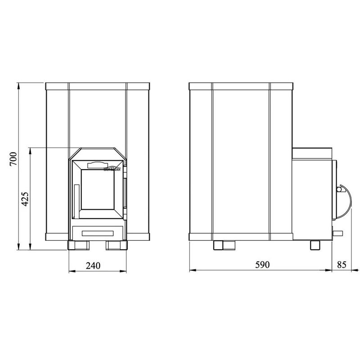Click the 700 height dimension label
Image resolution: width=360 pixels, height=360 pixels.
(13, 160)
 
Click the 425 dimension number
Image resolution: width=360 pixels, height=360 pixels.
(26, 198)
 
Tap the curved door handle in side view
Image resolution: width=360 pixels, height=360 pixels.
(346, 198)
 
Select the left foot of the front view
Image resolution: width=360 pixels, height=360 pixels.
(76, 245)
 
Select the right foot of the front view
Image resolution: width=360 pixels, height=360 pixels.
(117, 245)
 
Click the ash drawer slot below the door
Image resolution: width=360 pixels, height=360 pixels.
(97, 233)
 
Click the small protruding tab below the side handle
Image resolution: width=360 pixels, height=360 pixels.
(337, 232)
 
